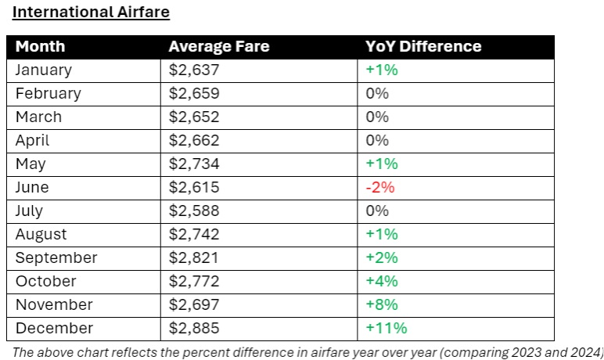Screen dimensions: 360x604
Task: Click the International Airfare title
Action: (91, 13)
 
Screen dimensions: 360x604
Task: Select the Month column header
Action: (40, 46)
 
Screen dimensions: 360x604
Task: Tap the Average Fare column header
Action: (218, 46)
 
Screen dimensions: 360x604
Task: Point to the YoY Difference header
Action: (423, 46)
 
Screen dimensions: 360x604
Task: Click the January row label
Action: (43, 70)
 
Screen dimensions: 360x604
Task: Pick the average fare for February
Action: (194, 93)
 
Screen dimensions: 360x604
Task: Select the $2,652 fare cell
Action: (194, 117)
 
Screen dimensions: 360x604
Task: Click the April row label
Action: (32, 140)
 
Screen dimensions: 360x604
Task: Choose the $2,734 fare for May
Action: (194, 164)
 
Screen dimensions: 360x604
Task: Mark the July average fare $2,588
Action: (194, 211)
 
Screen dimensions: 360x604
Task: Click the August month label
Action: (41, 234)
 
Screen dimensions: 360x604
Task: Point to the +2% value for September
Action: (382, 257)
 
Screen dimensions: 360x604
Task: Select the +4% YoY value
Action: (382, 281)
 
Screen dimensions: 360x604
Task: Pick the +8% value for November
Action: (382, 304)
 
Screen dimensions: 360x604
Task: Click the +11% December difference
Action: (386, 328)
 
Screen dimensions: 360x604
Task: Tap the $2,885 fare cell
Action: (194, 328)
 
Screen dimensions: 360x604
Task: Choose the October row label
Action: (45, 281)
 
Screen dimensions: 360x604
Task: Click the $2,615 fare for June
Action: (194, 187)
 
